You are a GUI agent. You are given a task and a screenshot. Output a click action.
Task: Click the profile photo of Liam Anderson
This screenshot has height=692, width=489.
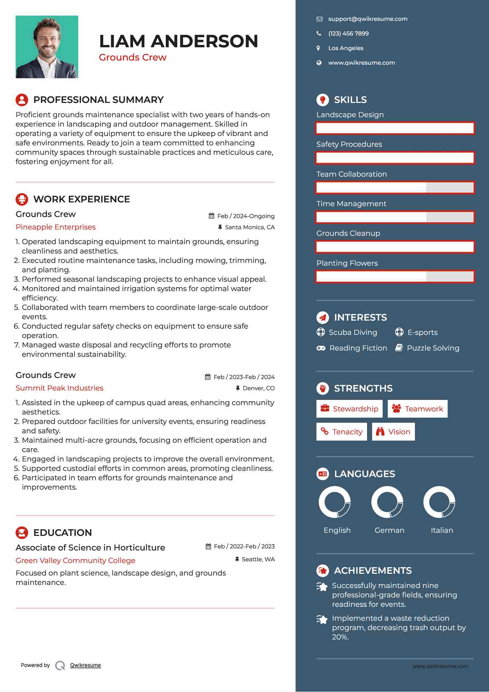click(x=47, y=47)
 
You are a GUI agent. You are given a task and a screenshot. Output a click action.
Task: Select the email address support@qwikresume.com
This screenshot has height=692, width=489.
click(x=368, y=19)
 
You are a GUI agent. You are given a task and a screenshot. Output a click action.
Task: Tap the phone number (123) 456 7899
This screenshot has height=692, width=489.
click(x=348, y=34)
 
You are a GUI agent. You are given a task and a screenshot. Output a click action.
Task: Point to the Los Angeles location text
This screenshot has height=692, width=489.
click(x=345, y=48)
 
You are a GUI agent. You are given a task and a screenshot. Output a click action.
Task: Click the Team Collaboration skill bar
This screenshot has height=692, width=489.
click(x=395, y=187)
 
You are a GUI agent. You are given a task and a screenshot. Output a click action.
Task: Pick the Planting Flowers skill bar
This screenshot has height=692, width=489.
click(x=395, y=277)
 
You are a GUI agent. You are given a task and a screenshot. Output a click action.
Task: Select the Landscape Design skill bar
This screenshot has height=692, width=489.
click(x=395, y=128)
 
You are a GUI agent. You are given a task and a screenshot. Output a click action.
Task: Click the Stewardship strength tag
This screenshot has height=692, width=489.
click(x=349, y=409)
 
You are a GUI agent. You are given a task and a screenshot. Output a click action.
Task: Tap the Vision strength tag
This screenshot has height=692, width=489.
click(x=393, y=432)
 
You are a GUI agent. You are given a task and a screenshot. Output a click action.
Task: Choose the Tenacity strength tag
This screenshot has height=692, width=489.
click(x=342, y=432)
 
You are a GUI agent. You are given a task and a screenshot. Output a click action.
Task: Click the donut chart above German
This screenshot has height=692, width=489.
click(x=387, y=502)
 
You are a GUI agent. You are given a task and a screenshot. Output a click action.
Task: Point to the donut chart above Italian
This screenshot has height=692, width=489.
click(x=439, y=502)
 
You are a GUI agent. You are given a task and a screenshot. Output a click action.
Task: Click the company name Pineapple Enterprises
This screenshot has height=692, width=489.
click(x=56, y=227)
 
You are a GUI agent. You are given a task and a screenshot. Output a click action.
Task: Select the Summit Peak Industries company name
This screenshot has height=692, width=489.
click(x=59, y=388)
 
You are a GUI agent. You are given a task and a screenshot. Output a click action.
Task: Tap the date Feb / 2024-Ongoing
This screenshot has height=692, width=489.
click(x=246, y=216)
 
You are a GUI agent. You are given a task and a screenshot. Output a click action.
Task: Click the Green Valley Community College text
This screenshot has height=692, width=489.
click(x=75, y=561)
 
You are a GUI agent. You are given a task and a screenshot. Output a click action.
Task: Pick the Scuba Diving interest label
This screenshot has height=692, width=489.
click(x=353, y=332)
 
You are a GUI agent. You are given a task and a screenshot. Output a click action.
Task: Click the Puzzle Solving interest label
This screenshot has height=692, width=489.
click(x=433, y=348)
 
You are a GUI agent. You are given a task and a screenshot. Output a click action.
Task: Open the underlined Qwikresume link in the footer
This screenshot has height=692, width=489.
click(x=85, y=665)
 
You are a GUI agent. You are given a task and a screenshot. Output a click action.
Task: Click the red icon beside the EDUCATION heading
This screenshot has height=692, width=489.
click(x=22, y=532)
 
